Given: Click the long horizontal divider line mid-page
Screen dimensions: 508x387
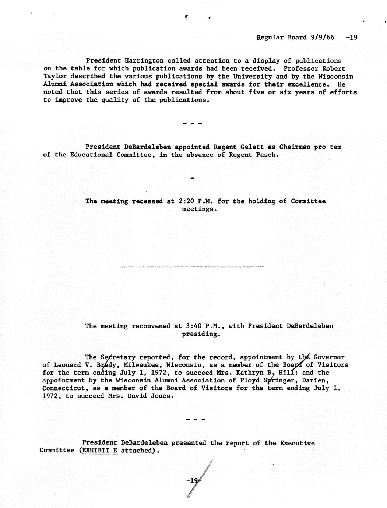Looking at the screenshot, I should pyautogui.click(x=192, y=266).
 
